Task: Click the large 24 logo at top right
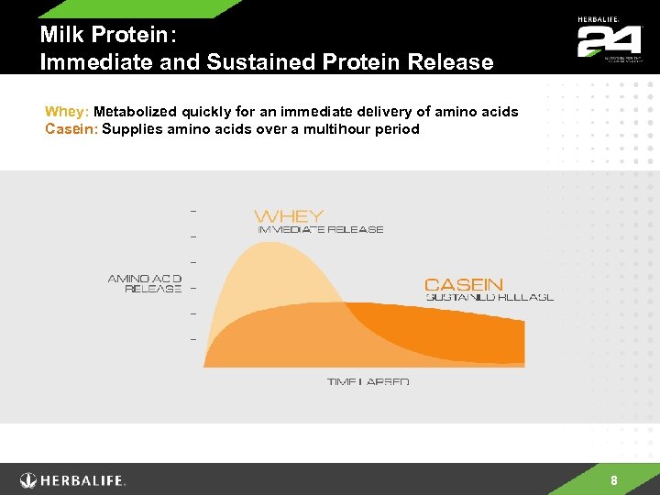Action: click(608, 41)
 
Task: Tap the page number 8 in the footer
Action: click(613, 480)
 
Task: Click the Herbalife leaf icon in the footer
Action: click(30, 480)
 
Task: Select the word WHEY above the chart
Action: click(289, 216)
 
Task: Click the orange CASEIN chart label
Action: click(464, 284)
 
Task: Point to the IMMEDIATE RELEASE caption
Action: click(321, 230)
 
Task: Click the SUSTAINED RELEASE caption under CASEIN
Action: click(489, 297)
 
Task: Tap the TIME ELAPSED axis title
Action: click(368, 381)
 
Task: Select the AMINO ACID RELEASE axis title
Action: click(145, 283)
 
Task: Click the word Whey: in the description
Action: click(67, 112)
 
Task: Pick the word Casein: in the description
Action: click(71, 129)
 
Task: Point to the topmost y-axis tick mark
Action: click(192, 210)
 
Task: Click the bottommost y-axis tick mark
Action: click(192, 339)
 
